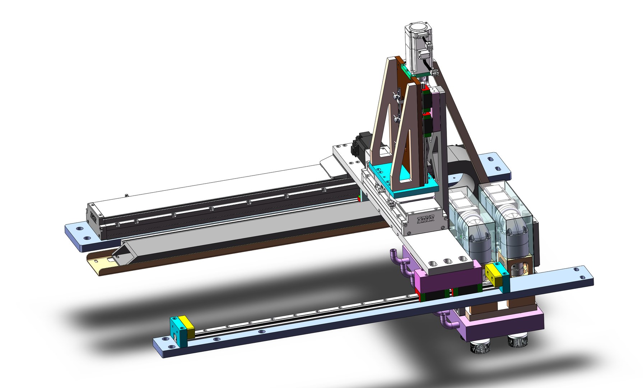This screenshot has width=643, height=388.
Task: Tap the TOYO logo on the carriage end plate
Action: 425,219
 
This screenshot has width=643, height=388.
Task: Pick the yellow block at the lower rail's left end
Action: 188,327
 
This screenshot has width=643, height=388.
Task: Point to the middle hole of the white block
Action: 447,261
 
